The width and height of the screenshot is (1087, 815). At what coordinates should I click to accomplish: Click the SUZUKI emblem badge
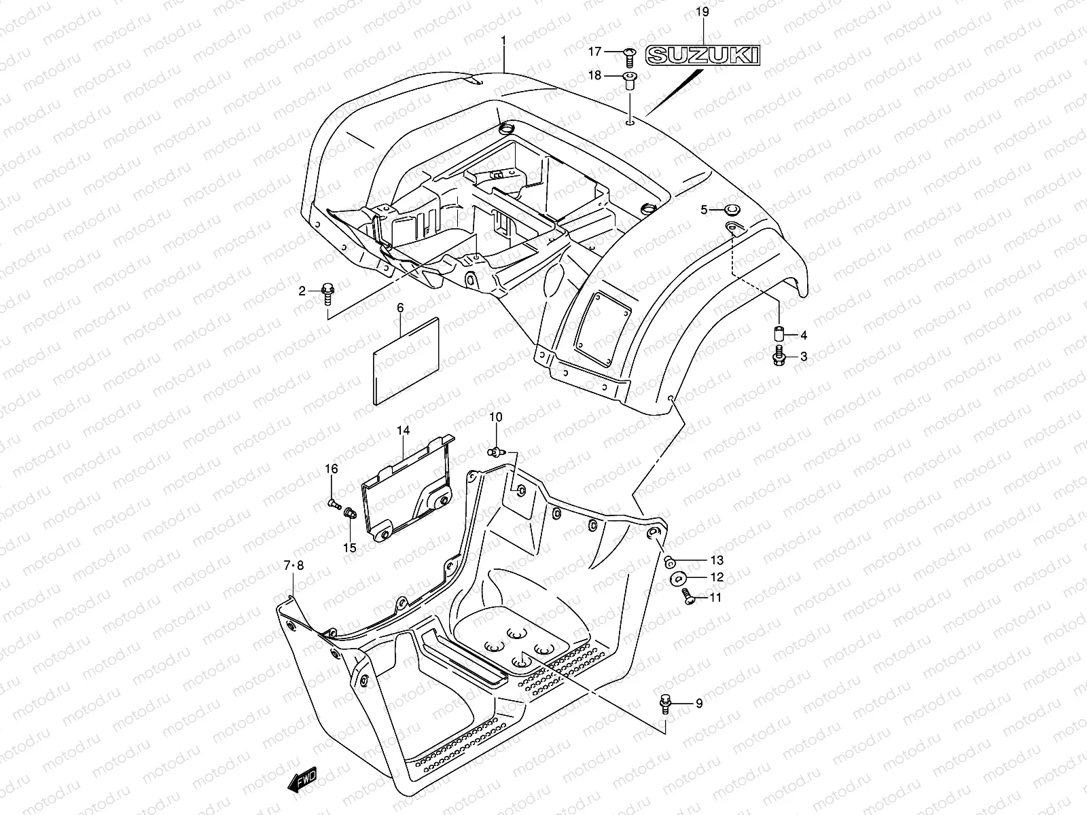click(702, 55)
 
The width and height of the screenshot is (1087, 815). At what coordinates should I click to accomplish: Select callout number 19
click(702, 12)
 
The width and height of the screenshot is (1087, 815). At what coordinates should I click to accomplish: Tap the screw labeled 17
click(628, 53)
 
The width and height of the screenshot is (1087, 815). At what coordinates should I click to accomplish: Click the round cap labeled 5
click(732, 209)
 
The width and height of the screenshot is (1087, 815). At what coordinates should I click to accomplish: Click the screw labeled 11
click(688, 597)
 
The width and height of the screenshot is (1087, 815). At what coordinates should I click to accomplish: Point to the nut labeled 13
click(669, 560)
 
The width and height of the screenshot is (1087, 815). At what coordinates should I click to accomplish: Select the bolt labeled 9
click(665, 704)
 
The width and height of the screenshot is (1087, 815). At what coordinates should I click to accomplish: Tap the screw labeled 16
click(334, 503)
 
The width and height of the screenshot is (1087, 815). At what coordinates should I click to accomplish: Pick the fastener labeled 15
click(351, 513)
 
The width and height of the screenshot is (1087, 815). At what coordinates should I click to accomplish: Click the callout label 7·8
click(294, 565)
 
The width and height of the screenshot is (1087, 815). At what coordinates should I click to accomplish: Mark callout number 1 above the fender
click(503, 41)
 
